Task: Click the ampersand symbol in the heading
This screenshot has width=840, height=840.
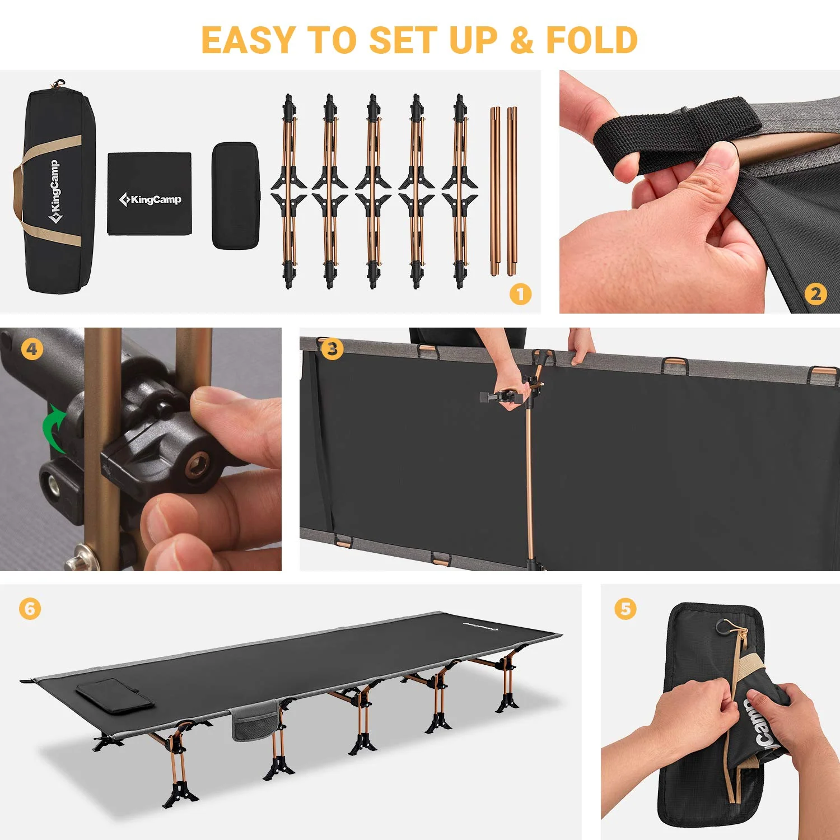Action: [521, 40]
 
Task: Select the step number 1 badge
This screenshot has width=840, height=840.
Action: [520, 294]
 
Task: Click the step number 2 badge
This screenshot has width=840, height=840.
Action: [815, 294]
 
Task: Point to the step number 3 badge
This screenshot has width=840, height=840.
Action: [332, 349]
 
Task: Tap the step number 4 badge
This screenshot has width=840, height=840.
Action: [32, 349]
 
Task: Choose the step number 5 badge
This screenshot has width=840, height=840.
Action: [625, 609]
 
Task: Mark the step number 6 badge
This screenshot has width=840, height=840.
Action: [30, 609]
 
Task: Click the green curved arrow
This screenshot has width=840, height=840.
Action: [54, 427]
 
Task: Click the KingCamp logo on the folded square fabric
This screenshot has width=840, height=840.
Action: [150, 199]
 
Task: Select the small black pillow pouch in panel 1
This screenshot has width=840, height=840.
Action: [235, 195]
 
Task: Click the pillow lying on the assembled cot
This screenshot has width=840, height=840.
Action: [115, 696]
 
